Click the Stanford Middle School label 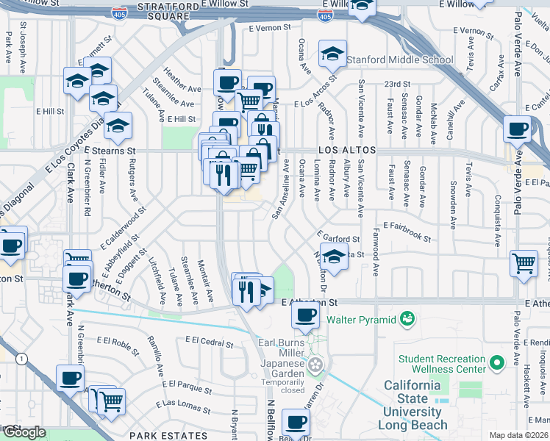click(x=402, y=60)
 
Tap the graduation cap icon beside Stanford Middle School click(x=332, y=53)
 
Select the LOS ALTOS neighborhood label click(x=347, y=150)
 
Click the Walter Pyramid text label click(x=360, y=319)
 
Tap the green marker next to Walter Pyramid click(x=406, y=319)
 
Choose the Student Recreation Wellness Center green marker click(x=498, y=362)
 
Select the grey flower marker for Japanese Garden click(x=316, y=365)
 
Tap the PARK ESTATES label click(x=163, y=436)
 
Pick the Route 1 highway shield click(x=24, y=358)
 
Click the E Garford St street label click(x=339, y=237)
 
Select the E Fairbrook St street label click(x=407, y=233)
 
